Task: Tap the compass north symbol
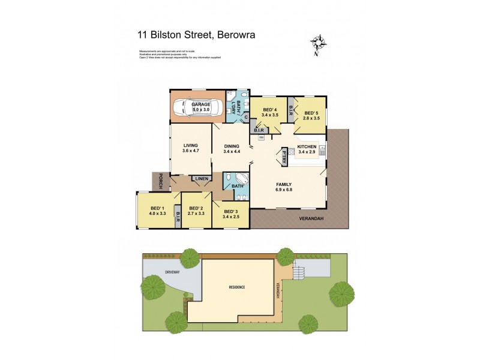pos(318,44)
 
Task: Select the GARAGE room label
pos(201,104)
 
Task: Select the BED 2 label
pos(196,209)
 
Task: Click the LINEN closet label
pos(202,178)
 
